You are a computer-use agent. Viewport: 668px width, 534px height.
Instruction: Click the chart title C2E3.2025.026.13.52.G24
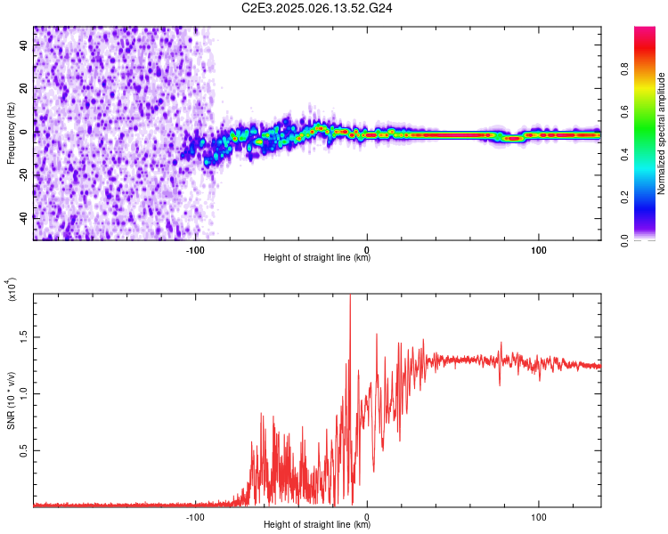(318, 8)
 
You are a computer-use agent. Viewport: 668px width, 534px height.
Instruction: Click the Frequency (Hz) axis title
(11, 133)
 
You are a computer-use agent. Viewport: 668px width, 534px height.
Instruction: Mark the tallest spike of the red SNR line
(350, 296)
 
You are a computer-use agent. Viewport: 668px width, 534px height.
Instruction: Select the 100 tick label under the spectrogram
(539, 250)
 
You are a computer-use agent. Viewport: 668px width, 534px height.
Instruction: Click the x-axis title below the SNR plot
(317, 524)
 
